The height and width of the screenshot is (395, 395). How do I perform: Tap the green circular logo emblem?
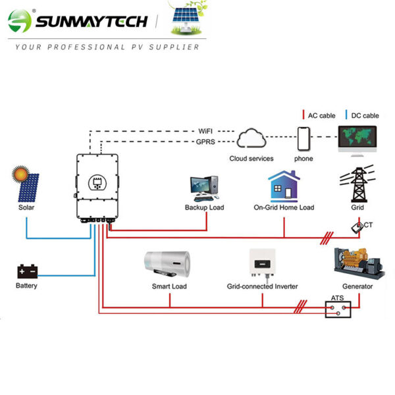20,21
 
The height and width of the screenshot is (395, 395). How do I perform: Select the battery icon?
27,271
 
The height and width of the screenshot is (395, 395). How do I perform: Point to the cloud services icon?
251,140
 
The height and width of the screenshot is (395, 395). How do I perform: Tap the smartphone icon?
303,139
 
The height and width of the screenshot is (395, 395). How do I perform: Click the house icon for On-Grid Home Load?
284,186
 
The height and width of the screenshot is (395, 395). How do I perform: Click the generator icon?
357,263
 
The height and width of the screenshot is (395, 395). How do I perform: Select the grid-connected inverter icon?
262,264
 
